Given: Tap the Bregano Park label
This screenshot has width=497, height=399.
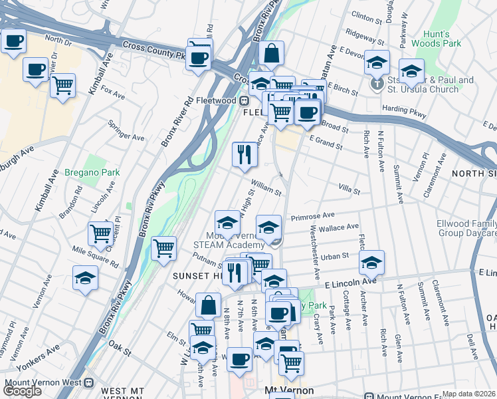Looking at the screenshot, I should (x=92, y=172).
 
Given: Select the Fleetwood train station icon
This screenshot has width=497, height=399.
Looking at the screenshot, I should (x=245, y=100).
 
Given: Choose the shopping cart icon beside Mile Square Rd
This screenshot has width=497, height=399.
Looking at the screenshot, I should (x=100, y=233).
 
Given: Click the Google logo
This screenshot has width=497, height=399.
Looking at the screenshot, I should (x=22, y=390).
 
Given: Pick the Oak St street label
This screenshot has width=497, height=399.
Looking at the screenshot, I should (x=120, y=346).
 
